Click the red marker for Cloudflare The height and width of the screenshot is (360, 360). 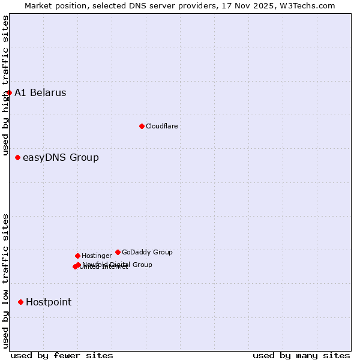click(x=142, y=126)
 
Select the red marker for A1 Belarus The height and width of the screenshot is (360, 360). click(x=9, y=93)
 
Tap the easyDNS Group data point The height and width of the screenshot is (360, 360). click(x=17, y=158)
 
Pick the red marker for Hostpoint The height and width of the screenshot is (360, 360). click(x=20, y=302)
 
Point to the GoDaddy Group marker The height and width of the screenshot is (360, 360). click(x=118, y=253)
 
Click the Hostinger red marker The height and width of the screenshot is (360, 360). click(x=77, y=256)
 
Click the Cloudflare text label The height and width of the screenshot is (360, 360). click(x=161, y=126)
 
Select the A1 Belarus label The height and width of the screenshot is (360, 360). click(x=40, y=93)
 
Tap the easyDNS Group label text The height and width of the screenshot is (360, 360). click(x=61, y=158)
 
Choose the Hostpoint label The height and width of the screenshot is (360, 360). click(x=49, y=302)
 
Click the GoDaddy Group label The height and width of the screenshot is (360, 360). click(x=147, y=253)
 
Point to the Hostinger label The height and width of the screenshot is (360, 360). click(x=97, y=256)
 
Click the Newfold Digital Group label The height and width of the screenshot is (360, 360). click(x=118, y=265)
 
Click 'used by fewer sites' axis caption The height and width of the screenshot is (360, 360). click(x=62, y=355)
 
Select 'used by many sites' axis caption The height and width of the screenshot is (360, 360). click(x=301, y=355)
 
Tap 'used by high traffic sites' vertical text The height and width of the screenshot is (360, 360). click(x=5, y=86)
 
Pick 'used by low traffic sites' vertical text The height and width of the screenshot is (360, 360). click(x=5, y=280)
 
